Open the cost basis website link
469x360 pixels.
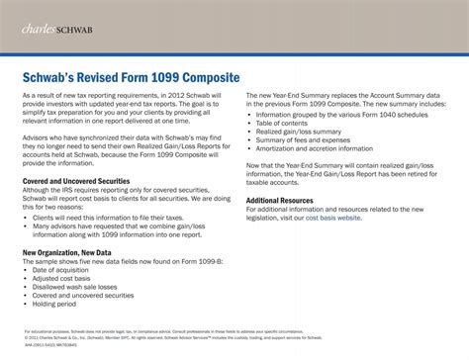pyautogui.click(x=333, y=217)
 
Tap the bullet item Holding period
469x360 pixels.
pyautogui.click(x=61, y=304)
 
